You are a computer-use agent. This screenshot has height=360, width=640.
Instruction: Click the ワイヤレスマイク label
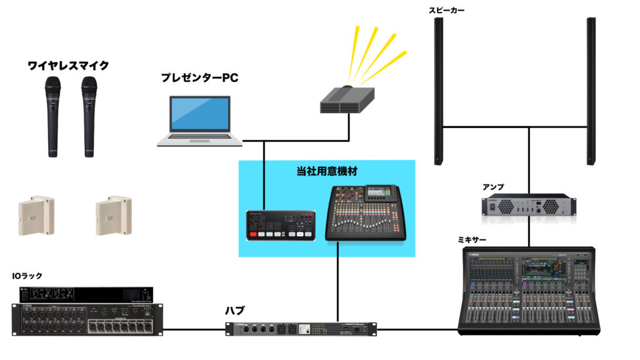[69, 65]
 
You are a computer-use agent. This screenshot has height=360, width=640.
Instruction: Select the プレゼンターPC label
[199, 78]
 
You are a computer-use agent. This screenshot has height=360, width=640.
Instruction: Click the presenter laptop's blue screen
[200, 114]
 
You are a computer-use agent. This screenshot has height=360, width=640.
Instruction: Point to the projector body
[346, 101]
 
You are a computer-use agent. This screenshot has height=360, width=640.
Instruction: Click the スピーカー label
[447, 11]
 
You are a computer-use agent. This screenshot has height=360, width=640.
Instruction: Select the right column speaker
[590, 87]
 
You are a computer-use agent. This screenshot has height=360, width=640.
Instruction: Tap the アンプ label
[492, 187]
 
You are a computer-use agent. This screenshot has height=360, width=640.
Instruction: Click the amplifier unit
[529, 206]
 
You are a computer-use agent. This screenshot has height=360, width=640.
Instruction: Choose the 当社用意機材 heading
[327, 171]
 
